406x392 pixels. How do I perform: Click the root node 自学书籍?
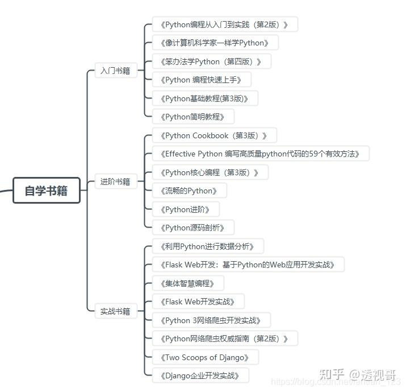tap(46, 191)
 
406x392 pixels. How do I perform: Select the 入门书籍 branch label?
tap(115, 71)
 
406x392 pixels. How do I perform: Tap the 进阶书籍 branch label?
tap(115, 182)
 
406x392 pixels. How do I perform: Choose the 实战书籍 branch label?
tap(115, 311)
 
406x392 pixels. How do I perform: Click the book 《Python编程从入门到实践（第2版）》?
tap(225, 24)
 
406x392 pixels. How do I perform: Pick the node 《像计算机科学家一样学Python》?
tap(215, 43)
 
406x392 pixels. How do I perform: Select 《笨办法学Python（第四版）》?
tap(211, 61)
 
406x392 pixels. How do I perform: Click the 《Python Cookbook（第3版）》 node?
tap(214, 135)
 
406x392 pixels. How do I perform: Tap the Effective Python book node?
tap(261, 154)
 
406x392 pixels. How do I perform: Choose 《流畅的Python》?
tap(189, 191)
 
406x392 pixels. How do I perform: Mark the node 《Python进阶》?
tap(186, 209)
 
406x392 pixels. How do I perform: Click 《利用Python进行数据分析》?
tap(208, 246)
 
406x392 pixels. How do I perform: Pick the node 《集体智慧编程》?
tap(188, 283)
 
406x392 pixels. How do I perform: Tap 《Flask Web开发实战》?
tap(198, 302)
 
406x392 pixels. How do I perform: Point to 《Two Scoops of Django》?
tap(206, 357)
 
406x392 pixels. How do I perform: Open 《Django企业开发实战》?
tap(200, 376)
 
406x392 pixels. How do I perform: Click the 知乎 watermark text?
tap(332, 374)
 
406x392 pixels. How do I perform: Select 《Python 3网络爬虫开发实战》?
tap(211, 320)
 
